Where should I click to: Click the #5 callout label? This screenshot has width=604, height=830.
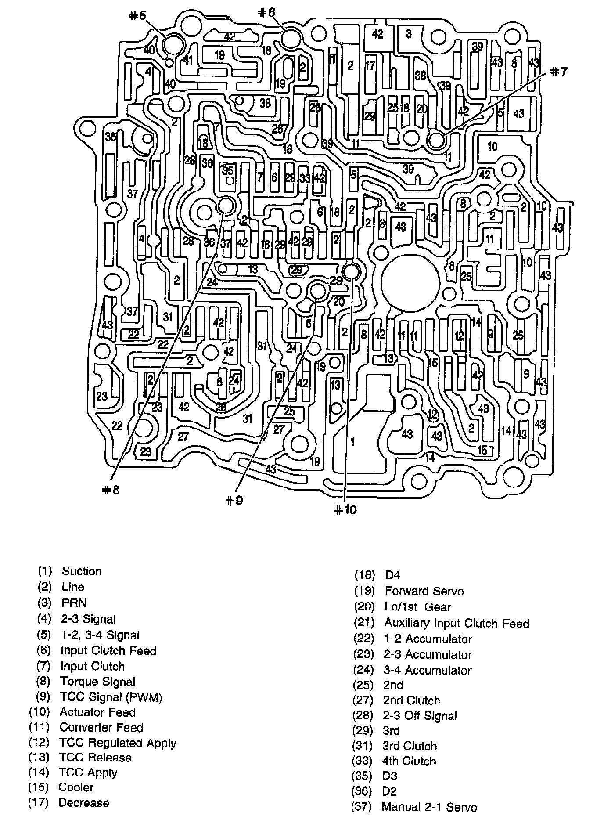[x=137, y=16]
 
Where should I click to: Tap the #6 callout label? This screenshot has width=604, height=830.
[x=266, y=12]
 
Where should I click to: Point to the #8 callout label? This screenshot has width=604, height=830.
[x=111, y=490]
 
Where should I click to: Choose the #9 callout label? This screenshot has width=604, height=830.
[x=234, y=501]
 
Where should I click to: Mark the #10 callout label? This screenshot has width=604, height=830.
[x=345, y=509]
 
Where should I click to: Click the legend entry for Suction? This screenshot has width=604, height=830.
[x=70, y=571]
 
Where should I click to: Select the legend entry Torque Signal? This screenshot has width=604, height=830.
[x=86, y=682]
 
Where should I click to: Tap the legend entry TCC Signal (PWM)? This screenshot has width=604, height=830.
[x=99, y=697]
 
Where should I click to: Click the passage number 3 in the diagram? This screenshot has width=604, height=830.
[x=409, y=34]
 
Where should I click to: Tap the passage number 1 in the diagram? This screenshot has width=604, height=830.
[x=353, y=442]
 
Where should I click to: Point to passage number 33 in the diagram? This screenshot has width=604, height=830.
[x=305, y=178]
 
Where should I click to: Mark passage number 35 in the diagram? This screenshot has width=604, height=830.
[x=227, y=170]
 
